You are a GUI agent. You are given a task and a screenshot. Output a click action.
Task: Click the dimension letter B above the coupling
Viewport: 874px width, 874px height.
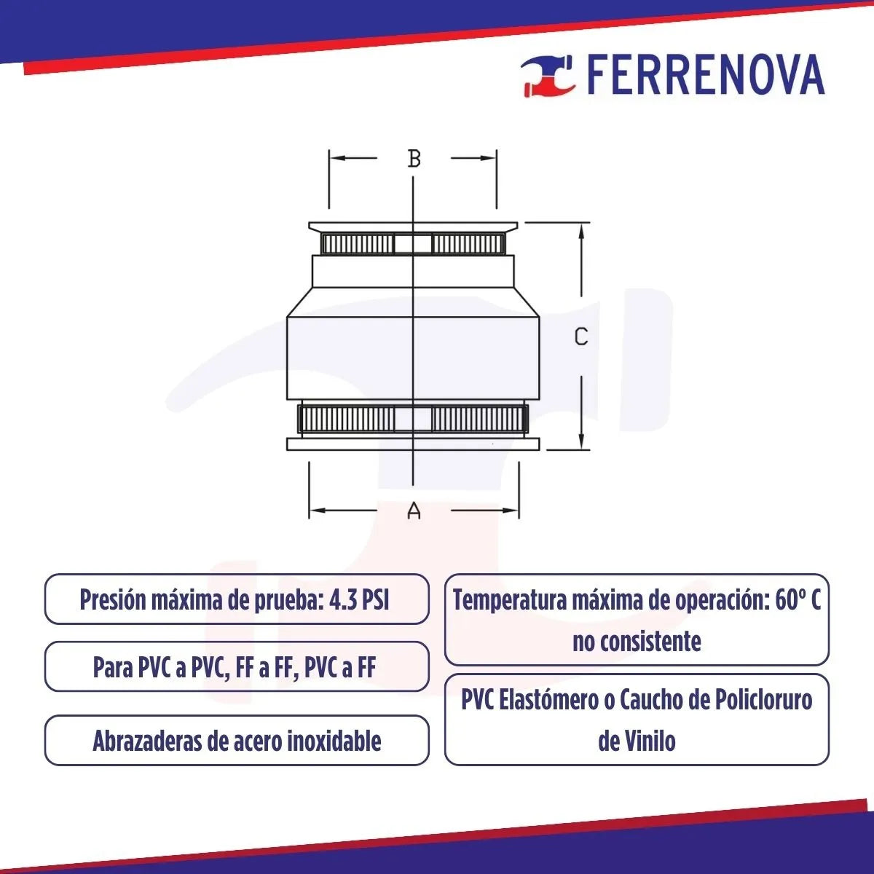[414, 158]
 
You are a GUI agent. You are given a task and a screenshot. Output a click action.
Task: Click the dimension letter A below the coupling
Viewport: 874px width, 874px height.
[414, 511]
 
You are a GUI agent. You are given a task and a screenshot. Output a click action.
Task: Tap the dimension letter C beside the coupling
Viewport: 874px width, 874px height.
[580, 337]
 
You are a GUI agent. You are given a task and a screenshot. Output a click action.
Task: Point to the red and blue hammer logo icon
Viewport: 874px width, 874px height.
[548, 75]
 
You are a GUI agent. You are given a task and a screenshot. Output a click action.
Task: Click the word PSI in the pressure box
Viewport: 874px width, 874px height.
[376, 601]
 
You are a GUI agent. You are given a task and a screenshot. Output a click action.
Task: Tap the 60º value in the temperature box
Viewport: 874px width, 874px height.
[789, 601]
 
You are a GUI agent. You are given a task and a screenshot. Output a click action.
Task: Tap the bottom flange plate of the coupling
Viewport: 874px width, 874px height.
[413, 444]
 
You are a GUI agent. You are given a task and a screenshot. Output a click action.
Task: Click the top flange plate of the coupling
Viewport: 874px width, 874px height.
[413, 227]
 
